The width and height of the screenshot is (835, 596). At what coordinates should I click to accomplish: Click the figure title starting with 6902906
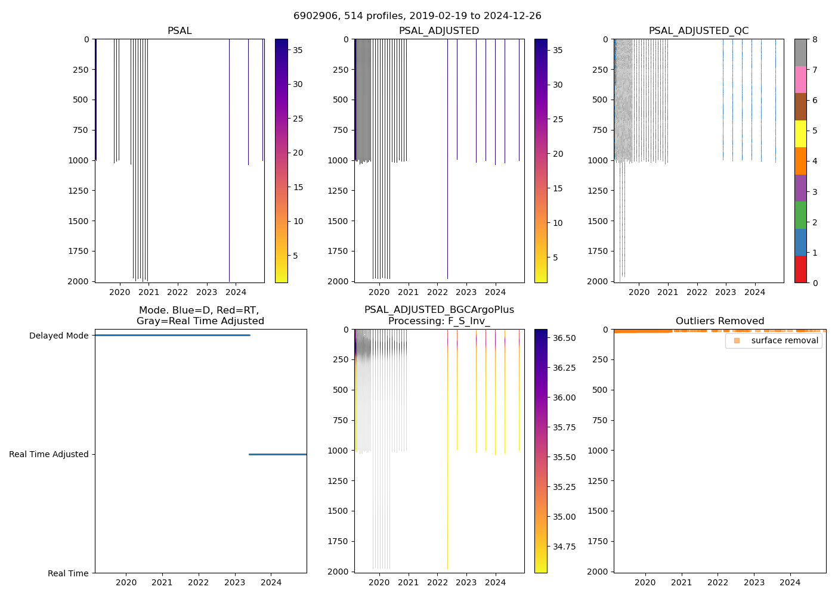417,16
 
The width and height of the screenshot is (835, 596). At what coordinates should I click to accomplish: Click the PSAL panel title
180,31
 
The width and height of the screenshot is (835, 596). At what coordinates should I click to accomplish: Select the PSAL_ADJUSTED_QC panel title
698,31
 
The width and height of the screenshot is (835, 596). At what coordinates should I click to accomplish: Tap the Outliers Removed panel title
719,321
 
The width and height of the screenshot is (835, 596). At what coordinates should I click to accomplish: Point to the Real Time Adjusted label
48,454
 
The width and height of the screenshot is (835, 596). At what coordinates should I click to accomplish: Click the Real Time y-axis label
68,573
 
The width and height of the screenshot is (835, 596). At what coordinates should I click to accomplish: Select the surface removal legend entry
784,340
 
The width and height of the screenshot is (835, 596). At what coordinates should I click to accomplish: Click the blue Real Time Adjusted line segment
277,454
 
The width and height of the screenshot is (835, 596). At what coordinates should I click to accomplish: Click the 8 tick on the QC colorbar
814,39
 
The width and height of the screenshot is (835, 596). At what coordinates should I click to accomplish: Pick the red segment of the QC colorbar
800,269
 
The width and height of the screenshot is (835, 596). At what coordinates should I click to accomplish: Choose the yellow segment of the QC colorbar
800,134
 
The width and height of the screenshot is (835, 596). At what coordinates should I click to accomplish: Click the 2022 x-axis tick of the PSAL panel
178,292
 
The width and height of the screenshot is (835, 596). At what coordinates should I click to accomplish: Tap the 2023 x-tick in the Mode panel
234,582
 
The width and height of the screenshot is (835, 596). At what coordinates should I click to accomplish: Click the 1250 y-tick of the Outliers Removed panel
598,480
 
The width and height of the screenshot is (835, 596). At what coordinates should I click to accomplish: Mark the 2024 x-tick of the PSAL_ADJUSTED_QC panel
754,292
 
